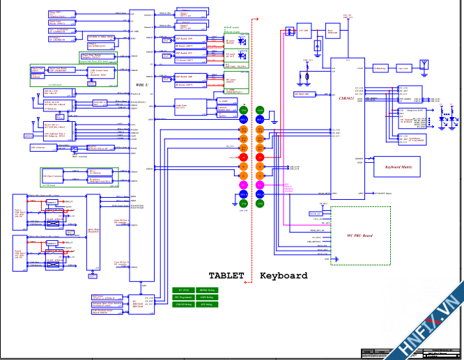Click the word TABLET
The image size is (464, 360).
(226, 276)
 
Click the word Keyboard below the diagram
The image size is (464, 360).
(284, 276)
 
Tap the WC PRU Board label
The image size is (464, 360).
(359, 236)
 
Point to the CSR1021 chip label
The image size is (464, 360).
(346, 99)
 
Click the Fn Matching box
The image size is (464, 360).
(380, 68)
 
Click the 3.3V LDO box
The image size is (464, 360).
(304, 31)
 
